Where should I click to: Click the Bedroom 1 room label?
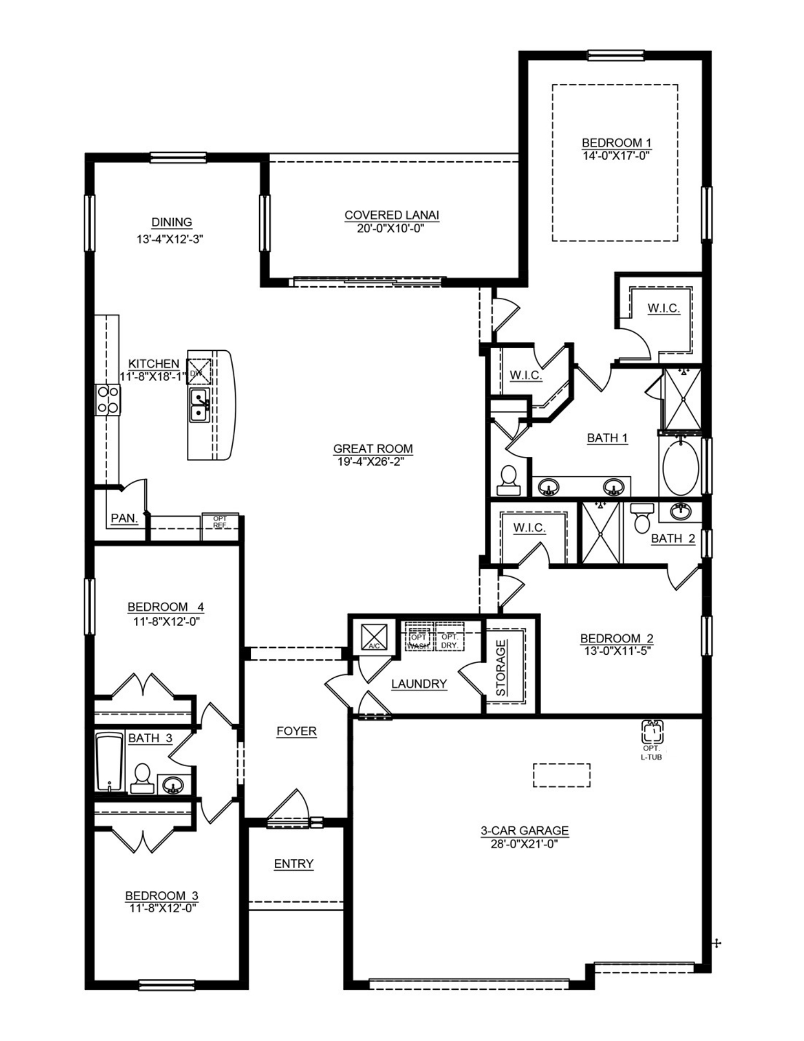(x=616, y=143)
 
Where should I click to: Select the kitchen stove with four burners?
(x=108, y=400)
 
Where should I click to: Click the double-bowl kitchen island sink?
(x=199, y=405)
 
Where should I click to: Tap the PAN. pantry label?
(x=124, y=518)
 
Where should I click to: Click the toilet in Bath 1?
(x=508, y=480)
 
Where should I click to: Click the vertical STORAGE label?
(x=501, y=668)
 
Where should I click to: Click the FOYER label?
(x=296, y=731)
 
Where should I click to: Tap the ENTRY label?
(x=293, y=864)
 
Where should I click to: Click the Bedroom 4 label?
(x=165, y=607)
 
